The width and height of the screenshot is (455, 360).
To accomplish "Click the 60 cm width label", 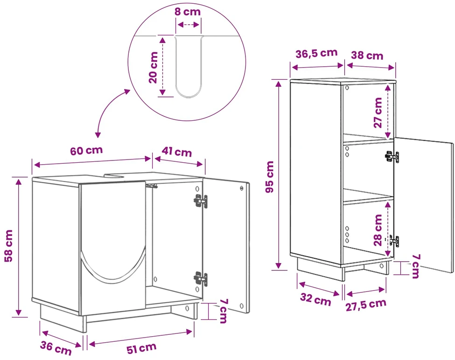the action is (86, 151).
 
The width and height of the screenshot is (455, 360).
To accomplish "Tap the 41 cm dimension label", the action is (177, 152).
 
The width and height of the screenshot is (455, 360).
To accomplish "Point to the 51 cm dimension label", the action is (141, 348).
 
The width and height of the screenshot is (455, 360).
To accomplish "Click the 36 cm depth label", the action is (56, 348).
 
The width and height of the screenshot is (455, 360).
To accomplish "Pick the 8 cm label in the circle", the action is (188, 12).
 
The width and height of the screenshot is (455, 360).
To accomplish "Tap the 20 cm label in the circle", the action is (153, 68).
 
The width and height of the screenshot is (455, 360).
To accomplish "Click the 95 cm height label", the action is (270, 177).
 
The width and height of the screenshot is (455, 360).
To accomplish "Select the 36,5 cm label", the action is (316, 53).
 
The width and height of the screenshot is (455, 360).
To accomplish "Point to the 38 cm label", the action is (367, 55).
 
